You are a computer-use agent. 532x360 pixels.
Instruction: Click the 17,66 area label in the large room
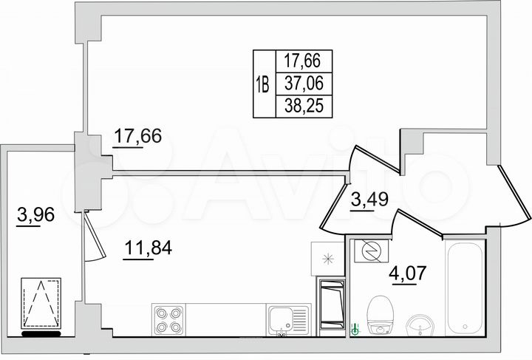point(137,137)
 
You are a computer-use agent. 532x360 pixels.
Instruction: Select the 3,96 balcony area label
point(36,216)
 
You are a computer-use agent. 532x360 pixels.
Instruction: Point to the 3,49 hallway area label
point(368,200)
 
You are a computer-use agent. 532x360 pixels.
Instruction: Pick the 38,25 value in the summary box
point(303,106)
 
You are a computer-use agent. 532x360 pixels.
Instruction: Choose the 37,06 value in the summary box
point(303,83)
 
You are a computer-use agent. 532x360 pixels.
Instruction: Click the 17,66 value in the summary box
point(303,61)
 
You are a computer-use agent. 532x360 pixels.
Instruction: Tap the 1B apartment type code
point(263,83)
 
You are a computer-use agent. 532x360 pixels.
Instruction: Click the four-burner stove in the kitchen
point(168,319)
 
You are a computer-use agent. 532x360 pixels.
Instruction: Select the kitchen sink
point(288,320)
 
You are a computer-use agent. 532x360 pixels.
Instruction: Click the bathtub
point(465,285)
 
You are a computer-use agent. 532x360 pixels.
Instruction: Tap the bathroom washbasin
point(422,323)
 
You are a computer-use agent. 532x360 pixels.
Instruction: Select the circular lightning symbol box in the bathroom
point(367,253)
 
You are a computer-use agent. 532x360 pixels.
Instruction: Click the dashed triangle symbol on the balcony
point(41,303)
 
